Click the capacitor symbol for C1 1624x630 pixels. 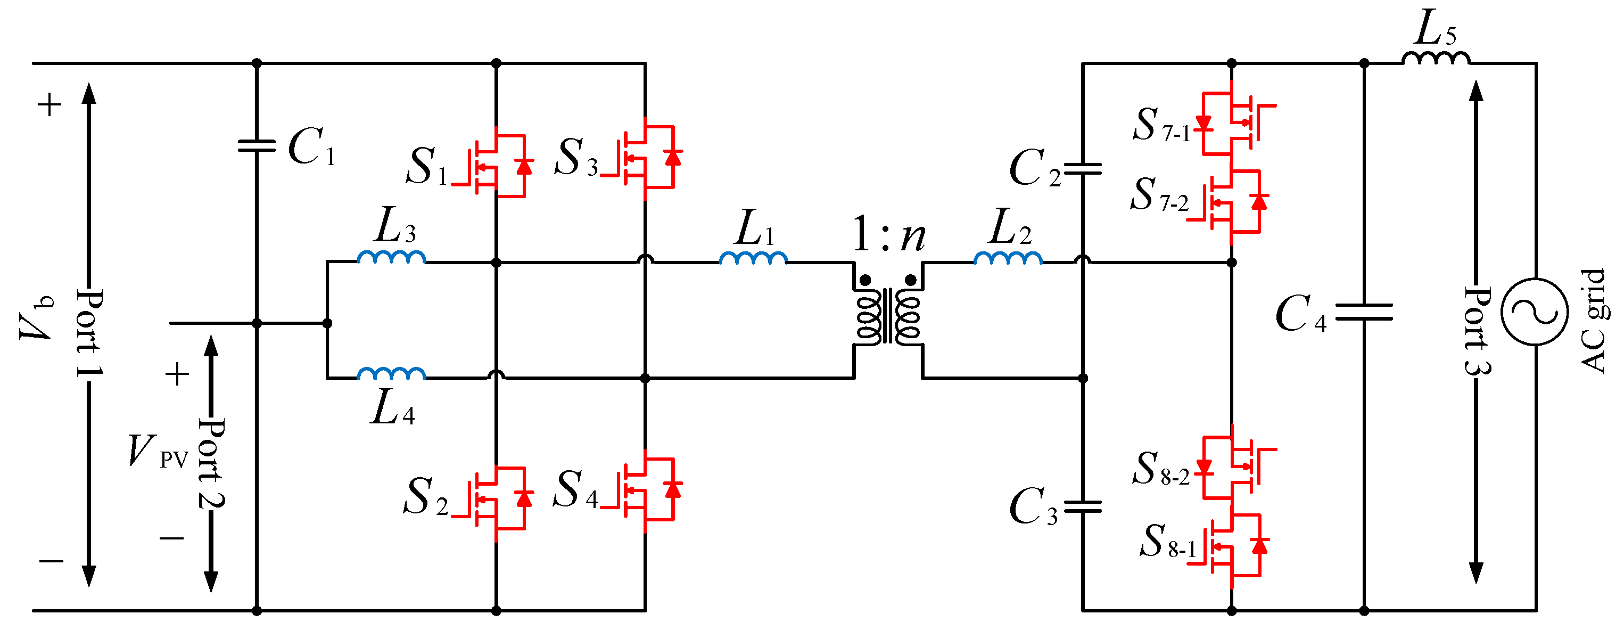257,146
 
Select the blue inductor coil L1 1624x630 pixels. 753,257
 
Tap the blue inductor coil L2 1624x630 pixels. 1008,257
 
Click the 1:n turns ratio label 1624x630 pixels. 888,235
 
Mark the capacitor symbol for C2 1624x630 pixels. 1083,169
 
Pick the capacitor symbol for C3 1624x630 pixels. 1083,506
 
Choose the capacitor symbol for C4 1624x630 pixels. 1364,312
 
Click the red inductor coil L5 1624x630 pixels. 1436,59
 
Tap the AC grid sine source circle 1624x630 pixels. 1534,312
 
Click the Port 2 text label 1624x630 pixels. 212,463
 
